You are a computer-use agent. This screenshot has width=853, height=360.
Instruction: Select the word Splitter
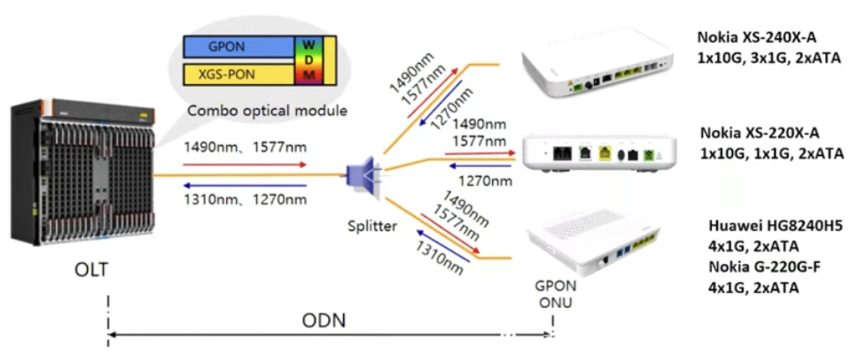[x=372, y=226]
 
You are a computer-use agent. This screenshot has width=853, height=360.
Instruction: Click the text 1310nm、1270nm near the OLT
[x=245, y=200]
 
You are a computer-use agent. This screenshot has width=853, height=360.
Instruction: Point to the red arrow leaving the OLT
[x=245, y=165]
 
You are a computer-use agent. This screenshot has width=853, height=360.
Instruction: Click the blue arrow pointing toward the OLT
[x=245, y=185]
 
